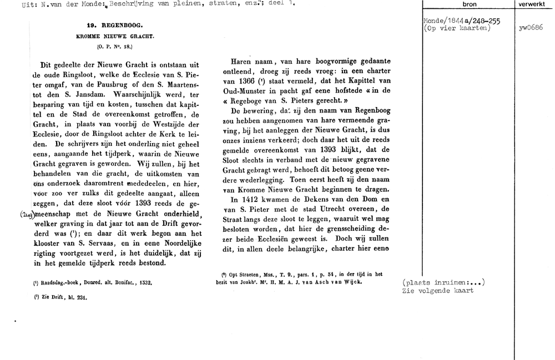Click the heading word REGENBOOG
point(120,25)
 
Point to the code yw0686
point(531,28)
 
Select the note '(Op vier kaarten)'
point(457,28)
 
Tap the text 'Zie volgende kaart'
point(438,291)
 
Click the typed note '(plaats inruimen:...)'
point(443,282)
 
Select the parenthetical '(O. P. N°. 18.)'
point(114,47)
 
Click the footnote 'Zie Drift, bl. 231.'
point(61,297)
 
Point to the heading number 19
point(91,25)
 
